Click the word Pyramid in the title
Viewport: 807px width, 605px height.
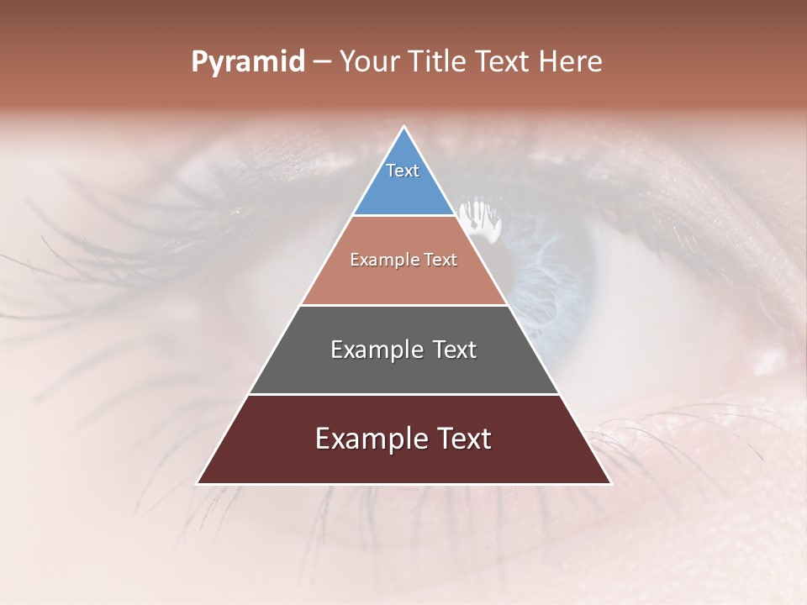[247, 62]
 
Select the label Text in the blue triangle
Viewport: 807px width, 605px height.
[402, 171]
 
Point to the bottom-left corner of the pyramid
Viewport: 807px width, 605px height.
[198, 483]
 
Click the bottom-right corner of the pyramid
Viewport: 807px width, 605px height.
[611, 483]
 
